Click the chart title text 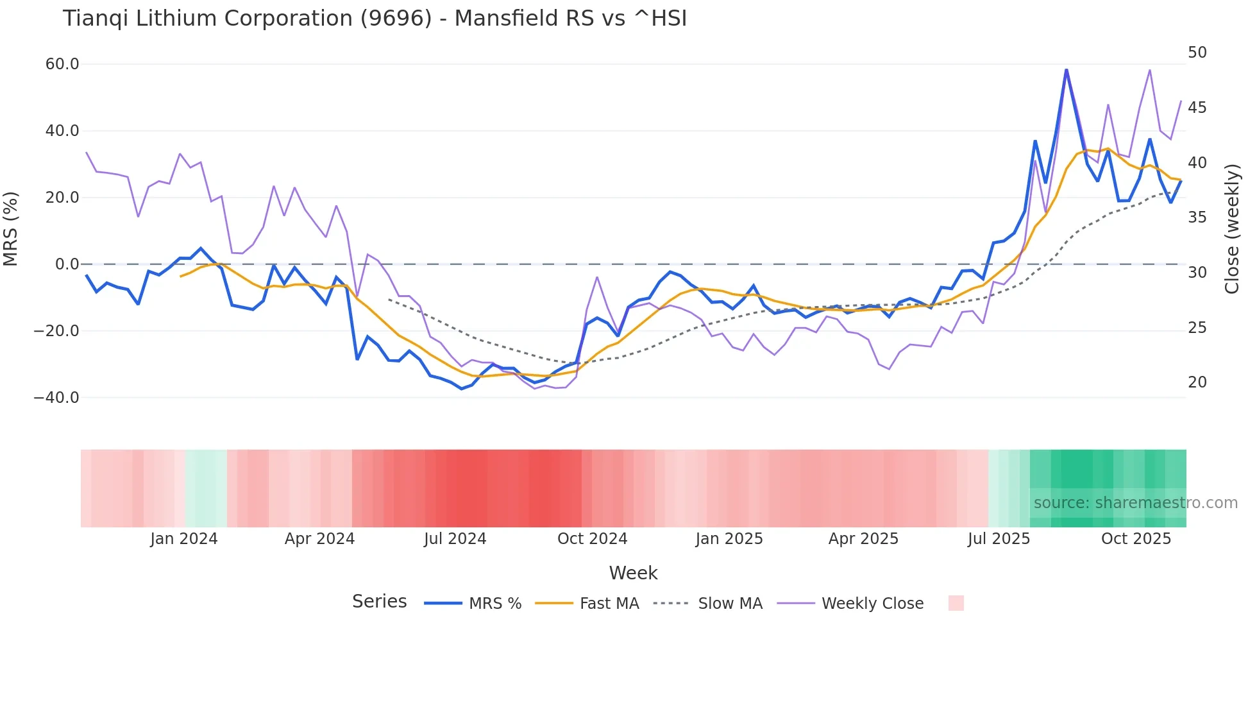click(375, 19)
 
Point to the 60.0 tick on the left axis click(62, 64)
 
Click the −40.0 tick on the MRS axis click(56, 398)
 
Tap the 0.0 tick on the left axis click(67, 264)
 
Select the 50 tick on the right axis click(1197, 53)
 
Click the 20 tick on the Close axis click(1197, 382)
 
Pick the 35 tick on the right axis click(1197, 217)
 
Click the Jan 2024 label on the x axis click(184, 539)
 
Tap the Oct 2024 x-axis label click(592, 539)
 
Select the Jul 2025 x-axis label click(999, 539)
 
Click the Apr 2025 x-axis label click(863, 539)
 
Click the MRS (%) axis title click(11, 229)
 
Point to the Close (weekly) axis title click(1232, 229)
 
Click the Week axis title click(633, 573)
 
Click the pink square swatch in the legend click(956, 603)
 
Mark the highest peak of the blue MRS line click(1067, 70)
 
